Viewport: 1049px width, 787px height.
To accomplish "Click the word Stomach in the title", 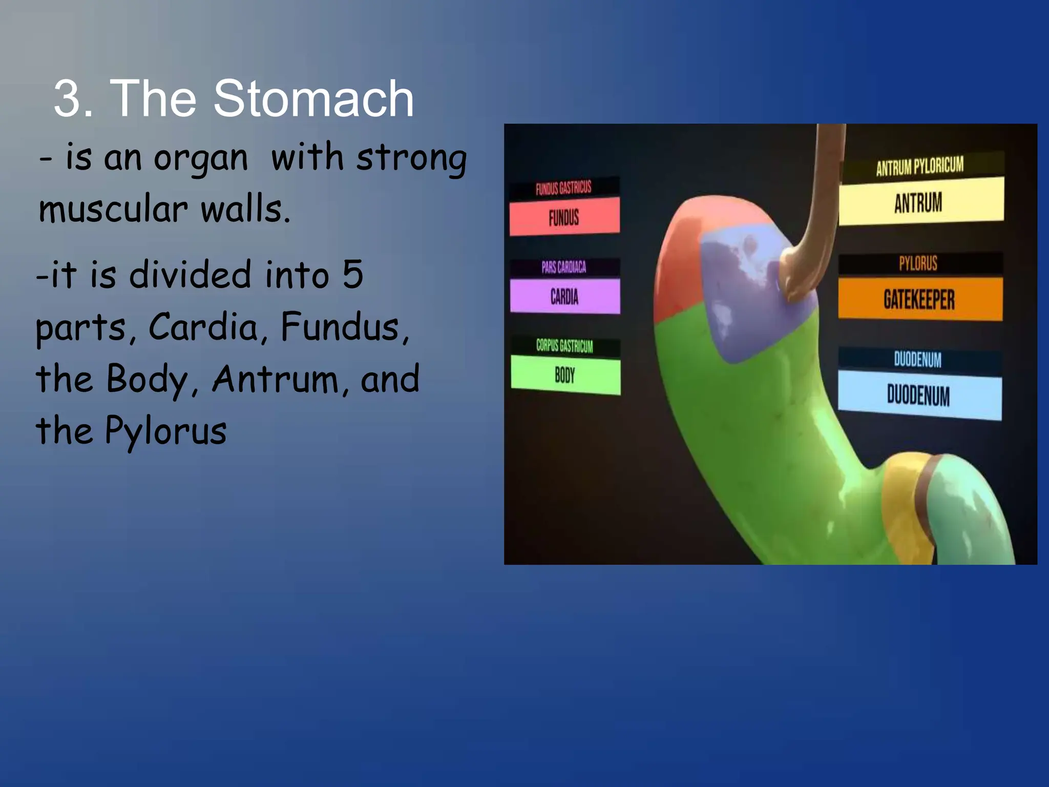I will click(313, 98).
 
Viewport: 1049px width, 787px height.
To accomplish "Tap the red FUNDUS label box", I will click(564, 217).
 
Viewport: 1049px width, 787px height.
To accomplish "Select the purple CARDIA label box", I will click(565, 296).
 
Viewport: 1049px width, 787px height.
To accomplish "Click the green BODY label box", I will click(565, 376).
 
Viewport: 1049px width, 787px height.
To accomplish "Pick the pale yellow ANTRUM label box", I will click(920, 202).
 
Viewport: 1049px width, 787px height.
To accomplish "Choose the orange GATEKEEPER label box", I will click(920, 299).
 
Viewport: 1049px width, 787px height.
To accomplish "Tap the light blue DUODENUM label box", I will click(919, 395).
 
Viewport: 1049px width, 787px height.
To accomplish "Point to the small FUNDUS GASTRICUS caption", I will click(563, 188).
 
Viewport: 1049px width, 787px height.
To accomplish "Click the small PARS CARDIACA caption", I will click(564, 267).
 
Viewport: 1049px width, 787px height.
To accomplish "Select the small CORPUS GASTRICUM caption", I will click(564, 346).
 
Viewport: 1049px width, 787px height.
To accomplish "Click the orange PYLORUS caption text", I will click(918, 263).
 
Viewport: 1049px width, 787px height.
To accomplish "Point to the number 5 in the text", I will click(352, 274).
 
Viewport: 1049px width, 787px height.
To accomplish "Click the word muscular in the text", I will click(113, 210).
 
